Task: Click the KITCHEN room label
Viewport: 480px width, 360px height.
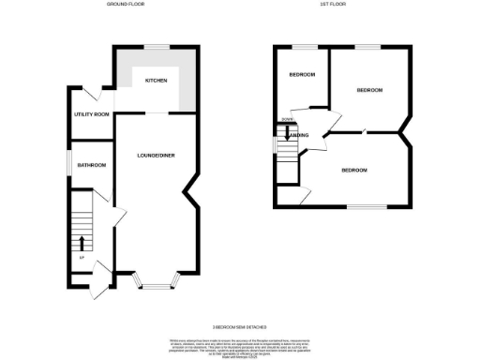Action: click(x=156, y=81)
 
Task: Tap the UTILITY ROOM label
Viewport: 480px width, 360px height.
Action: click(x=92, y=114)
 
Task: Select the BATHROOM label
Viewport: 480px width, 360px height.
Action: click(x=92, y=165)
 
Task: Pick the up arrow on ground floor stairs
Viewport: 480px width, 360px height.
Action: click(x=82, y=244)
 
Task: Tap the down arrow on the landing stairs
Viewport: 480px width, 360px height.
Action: click(x=287, y=134)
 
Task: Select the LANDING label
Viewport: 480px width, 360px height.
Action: click(x=298, y=136)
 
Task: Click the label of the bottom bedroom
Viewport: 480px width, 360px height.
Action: click(x=353, y=170)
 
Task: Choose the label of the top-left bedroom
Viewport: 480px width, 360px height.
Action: click(x=301, y=74)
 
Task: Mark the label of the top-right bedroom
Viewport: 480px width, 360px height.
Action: click(x=369, y=90)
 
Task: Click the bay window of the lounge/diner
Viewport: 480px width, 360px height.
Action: click(x=154, y=277)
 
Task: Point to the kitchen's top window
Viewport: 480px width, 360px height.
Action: click(x=156, y=46)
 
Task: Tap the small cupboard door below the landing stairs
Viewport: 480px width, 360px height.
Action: click(x=306, y=194)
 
